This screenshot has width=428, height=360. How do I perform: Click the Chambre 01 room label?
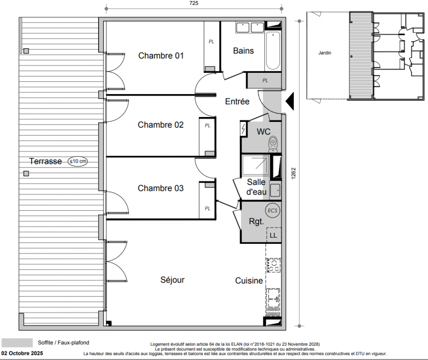[x=161, y=56]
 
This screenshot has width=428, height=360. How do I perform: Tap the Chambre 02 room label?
[x=161, y=125]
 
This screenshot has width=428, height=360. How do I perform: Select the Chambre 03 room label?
[x=161, y=188]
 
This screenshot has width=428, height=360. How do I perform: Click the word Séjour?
[x=172, y=280]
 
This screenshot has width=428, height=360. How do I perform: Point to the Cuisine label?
[x=249, y=281]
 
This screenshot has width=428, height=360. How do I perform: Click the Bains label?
[x=243, y=51]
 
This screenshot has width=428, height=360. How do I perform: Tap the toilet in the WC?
[x=273, y=144]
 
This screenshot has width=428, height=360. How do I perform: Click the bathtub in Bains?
[x=273, y=51]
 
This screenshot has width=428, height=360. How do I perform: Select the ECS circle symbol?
[x=273, y=211]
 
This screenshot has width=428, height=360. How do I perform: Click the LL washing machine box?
[x=274, y=235]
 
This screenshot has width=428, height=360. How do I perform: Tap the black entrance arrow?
[x=290, y=101]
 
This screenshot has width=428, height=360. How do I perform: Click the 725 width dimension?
[x=194, y=3]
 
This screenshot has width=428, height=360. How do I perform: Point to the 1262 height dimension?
[x=293, y=173]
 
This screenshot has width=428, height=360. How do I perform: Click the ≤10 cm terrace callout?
[x=78, y=161]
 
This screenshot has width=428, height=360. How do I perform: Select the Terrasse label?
[x=45, y=161]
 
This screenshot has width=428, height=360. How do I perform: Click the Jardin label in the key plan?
[x=324, y=53]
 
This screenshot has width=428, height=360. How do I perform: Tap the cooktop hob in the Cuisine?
[x=274, y=265]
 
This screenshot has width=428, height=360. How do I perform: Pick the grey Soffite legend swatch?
[x=17, y=343]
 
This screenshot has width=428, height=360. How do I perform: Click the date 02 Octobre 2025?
[x=22, y=353]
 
